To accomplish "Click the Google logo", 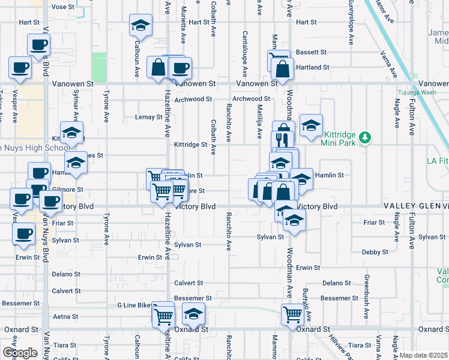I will tap(19, 353).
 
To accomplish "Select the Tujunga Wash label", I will tap(416, 92).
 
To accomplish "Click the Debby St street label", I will tap(375, 253).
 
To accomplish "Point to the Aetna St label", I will tap(66, 316).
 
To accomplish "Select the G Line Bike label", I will tap(134, 305).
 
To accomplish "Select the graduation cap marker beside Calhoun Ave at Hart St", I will tap(140, 26).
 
